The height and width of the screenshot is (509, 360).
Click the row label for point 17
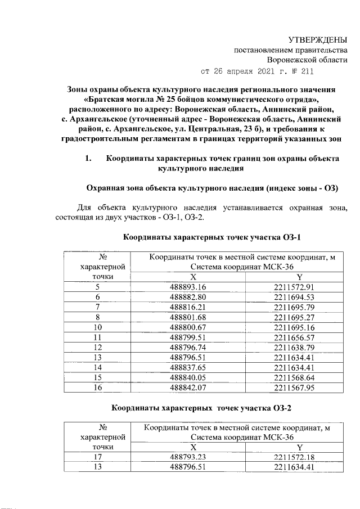[98, 457]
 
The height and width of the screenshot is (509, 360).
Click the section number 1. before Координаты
[88, 159]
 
